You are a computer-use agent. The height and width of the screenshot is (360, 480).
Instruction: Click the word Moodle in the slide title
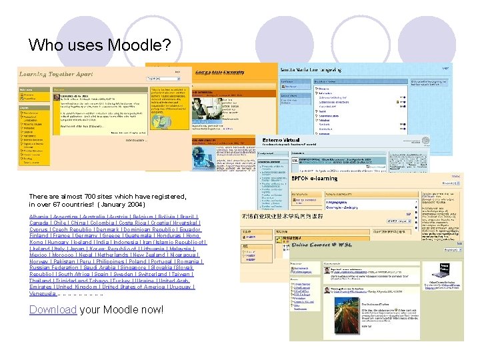point(141,45)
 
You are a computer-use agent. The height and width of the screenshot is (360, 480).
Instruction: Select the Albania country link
point(39,217)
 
